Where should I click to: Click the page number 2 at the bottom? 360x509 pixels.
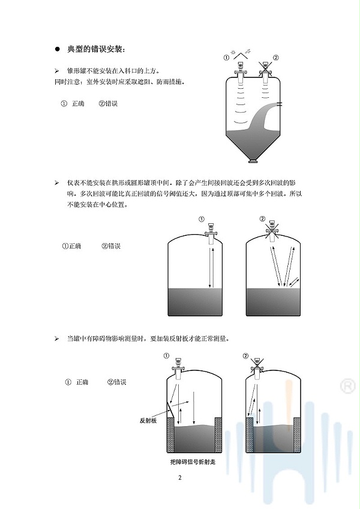(179, 478)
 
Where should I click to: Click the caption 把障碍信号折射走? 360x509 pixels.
(193, 463)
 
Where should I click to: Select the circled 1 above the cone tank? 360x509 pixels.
(226, 58)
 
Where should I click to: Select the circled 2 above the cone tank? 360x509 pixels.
(275, 58)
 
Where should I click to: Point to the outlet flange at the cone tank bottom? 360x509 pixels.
(253, 161)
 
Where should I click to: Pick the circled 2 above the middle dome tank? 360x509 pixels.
(262, 218)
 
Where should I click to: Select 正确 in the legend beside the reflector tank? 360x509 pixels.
(82, 382)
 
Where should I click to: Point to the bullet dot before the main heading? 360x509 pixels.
(58, 49)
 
